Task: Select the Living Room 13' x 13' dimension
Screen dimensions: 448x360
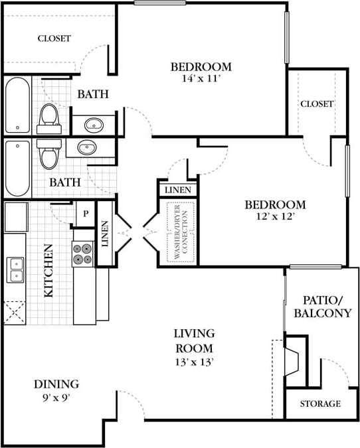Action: [194, 362]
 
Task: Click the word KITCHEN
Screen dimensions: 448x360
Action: [48, 271]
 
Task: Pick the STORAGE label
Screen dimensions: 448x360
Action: [320, 404]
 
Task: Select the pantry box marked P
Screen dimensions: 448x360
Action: [86, 214]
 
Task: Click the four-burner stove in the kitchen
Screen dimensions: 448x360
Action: [83, 254]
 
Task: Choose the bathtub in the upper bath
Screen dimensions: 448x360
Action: [17, 105]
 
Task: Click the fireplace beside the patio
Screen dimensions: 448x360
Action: [292, 362]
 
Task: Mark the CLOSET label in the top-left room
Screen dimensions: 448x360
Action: [54, 38]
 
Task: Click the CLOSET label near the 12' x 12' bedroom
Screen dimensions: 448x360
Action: [317, 104]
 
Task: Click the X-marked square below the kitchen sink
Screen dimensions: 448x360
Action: [15, 313]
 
